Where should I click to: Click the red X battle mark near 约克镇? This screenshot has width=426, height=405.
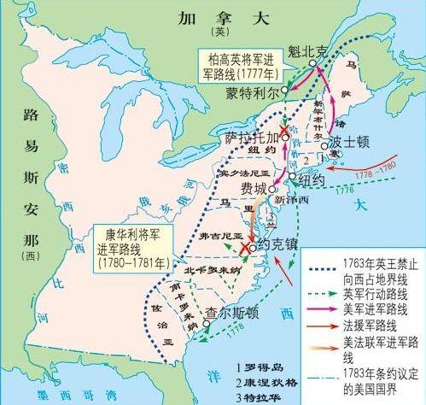[247, 248]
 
